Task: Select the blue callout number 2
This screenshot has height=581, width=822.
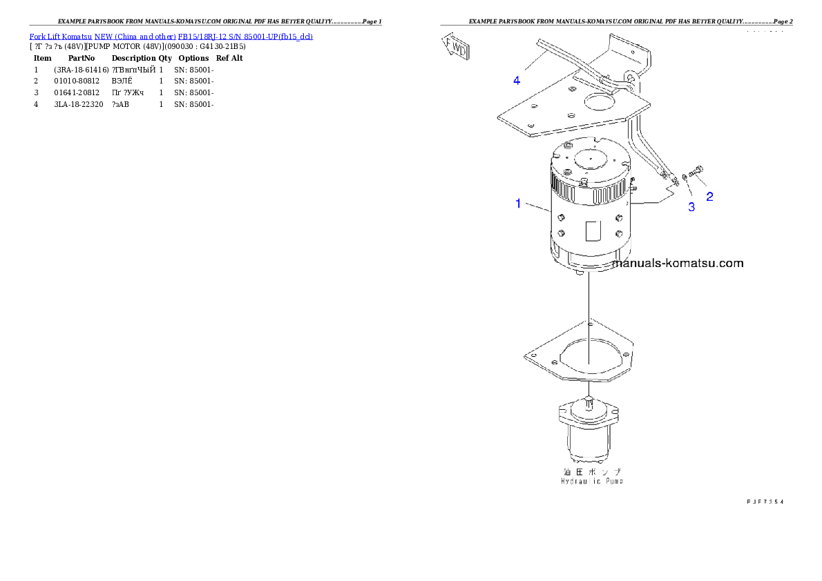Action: tap(709, 196)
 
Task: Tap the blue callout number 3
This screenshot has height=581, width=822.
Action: tap(691, 207)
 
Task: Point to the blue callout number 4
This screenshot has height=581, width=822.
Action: tap(517, 81)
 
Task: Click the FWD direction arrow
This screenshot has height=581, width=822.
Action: tap(456, 48)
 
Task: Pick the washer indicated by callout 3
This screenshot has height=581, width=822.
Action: tap(684, 177)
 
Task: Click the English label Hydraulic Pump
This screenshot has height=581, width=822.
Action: tap(592, 481)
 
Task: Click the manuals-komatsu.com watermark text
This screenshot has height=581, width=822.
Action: tap(678, 263)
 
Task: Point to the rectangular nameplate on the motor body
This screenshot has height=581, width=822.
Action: tap(593, 231)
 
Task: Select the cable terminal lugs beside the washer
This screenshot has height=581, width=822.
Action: tap(669, 177)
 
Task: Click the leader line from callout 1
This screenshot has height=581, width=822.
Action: tap(538, 205)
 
